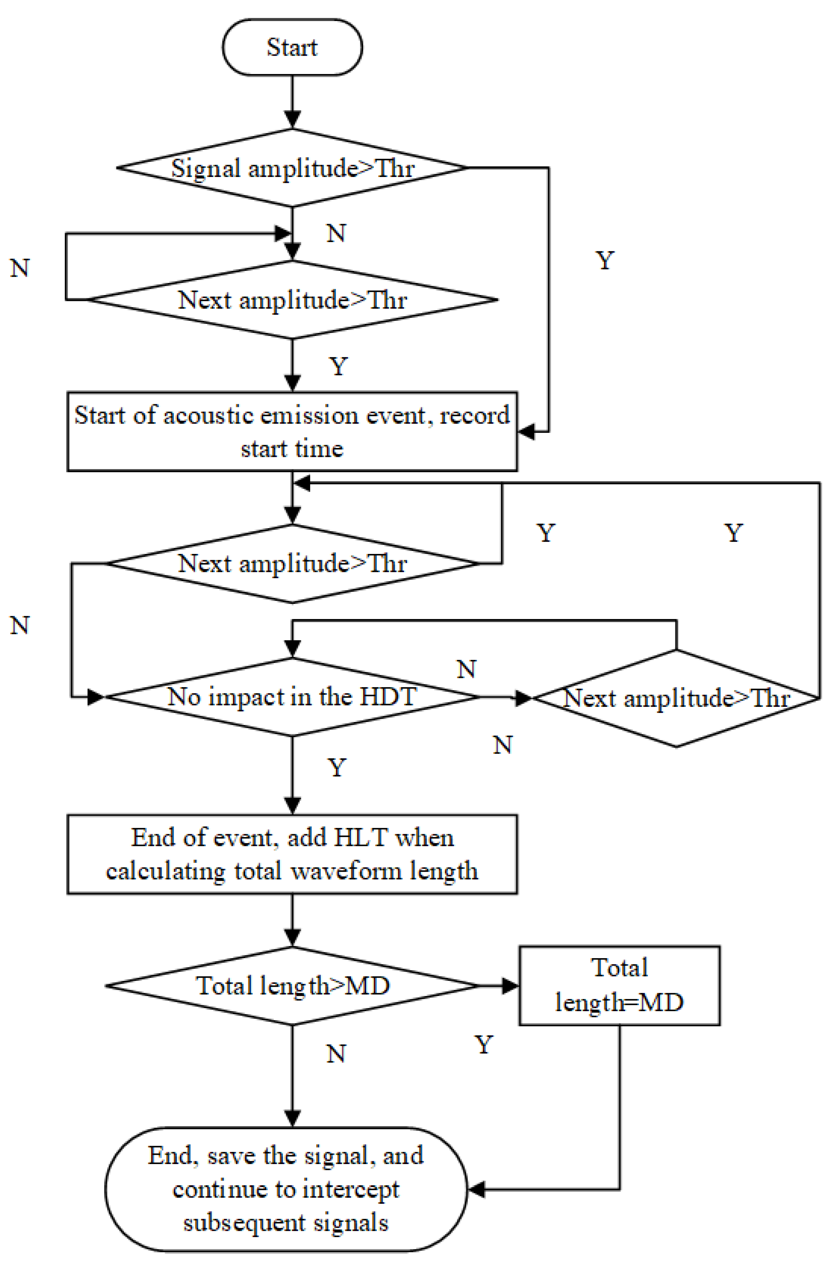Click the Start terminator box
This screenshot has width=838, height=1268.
[292, 47]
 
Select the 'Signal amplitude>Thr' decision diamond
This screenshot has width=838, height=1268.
[292, 168]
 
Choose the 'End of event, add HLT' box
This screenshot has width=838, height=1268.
[292, 854]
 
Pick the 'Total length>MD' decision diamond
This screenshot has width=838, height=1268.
[292, 985]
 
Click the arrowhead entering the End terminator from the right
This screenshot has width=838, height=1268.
[476, 1190]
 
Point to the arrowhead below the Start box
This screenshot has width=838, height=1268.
[292, 119]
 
